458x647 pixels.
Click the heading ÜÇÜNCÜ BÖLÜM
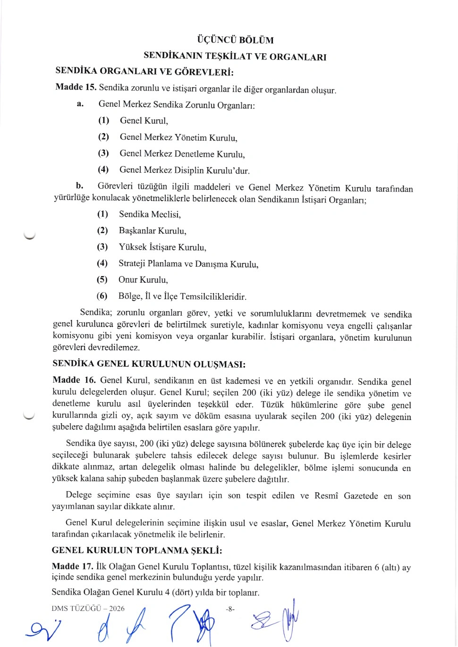[x=235, y=40]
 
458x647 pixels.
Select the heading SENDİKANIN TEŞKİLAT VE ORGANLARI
[x=235, y=56]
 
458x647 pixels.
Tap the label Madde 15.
[x=76, y=87]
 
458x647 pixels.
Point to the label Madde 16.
[x=74, y=380]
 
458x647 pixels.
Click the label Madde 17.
[x=72, y=566]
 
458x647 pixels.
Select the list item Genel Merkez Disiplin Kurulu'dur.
[x=184, y=170]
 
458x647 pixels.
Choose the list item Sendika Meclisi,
[x=150, y=215]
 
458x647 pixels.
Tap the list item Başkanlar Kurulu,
[x=153, y=231]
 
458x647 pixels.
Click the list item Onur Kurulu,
[x=143, y=280]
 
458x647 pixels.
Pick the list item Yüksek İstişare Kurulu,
[x=162, y=247]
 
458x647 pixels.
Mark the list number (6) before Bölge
[x=102, y=296]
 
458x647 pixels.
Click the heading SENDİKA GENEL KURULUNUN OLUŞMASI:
[x=149, y=364]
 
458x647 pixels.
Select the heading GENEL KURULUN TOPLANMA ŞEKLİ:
[x=136, y=550]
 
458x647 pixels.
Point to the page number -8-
[x=230, y=609]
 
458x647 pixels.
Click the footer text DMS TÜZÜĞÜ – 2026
[x=88, y=609]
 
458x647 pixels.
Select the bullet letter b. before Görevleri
[x=79, y=186]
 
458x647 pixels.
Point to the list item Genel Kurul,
[x=144, y=121]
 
